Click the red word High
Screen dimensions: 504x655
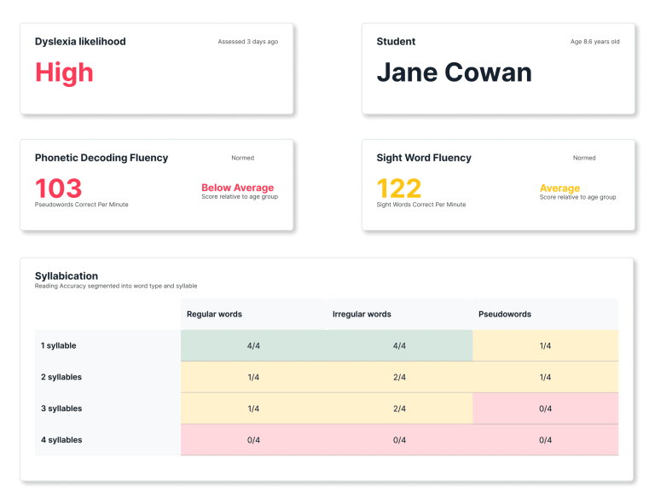(64, 72)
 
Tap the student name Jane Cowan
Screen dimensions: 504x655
(454, 72)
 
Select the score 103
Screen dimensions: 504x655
(58, 188)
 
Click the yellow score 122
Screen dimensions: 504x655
(399, 188)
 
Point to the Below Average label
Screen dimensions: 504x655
(237, 188)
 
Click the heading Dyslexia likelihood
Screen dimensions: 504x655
(80, 42)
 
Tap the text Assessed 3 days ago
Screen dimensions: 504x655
(247, 42)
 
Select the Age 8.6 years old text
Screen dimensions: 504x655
(594, 42)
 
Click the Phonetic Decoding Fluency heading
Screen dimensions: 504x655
(101, 158)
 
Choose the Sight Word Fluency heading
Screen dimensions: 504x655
(424, 158)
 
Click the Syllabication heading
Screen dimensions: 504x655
(67, 275)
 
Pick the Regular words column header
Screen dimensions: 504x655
(214, 314)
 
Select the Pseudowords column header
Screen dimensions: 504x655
(505, 314)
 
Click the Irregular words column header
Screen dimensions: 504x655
(362, 314)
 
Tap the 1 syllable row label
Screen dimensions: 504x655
(59, 345)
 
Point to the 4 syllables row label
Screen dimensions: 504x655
(61, 440)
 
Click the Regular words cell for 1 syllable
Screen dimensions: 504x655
(253, 345)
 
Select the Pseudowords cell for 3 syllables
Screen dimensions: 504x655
(545, 408)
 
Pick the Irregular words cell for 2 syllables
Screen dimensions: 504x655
(399, 377)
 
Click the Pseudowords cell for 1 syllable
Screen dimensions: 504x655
(545, 345)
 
